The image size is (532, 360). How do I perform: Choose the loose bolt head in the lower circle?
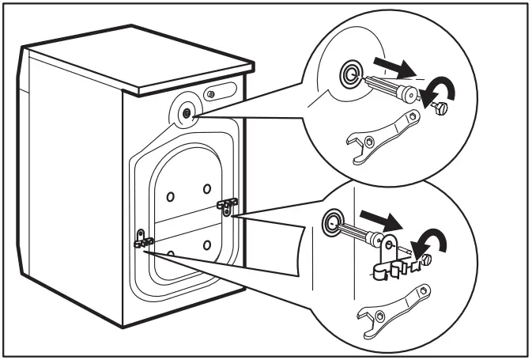click(x=428, y=259)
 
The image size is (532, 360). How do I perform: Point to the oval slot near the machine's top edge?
click(x=212, y=94)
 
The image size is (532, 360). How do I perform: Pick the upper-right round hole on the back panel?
click(x=206, y=188)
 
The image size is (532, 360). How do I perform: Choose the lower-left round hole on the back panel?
click(x=170, y=253)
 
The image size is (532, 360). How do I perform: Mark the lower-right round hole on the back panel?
click(x=206, y=244)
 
